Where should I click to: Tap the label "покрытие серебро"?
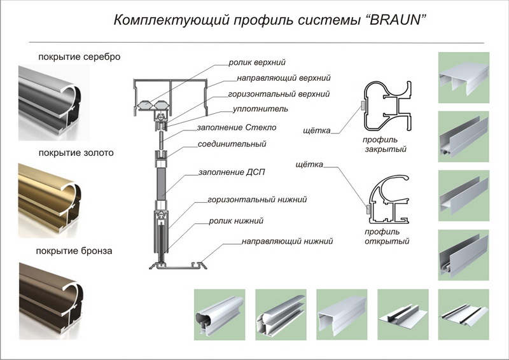[x=80, y=57]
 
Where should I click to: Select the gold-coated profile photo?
[x=53, y=193]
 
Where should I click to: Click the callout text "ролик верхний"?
[x=257, y=62]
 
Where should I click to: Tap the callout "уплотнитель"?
[x=259, y=109]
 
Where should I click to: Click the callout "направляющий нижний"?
[x=287, y=242]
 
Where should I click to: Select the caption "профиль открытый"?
[x=386, y=236]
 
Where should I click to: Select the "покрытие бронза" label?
[x=75, y=251]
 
